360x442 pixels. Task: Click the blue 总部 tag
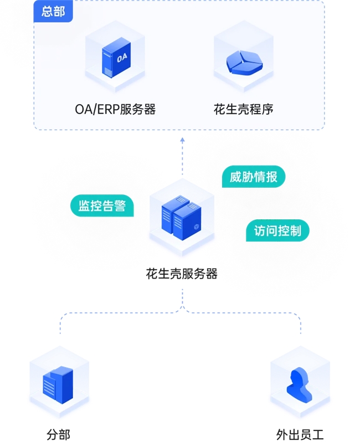(x=53, y=11)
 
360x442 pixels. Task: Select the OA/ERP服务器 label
(x=115, y=109)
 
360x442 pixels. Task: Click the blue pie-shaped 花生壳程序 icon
(x=244, y=62)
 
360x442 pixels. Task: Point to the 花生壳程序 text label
(x=244, y=109)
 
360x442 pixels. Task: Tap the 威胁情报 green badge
(x=254, y=177)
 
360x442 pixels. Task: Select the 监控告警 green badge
(x=102, y=206)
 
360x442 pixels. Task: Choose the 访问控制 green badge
(x=277, y=230)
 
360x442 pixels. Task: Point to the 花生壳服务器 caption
(x=182, y=273)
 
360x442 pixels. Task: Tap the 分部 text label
(x=59, y=434)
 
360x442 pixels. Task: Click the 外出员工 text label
(x=300, y=434)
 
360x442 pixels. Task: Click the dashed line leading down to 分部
(x=61, y=324)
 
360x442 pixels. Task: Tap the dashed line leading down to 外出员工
(x=301, y=324)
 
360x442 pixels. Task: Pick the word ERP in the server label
(x=109, y=109)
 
